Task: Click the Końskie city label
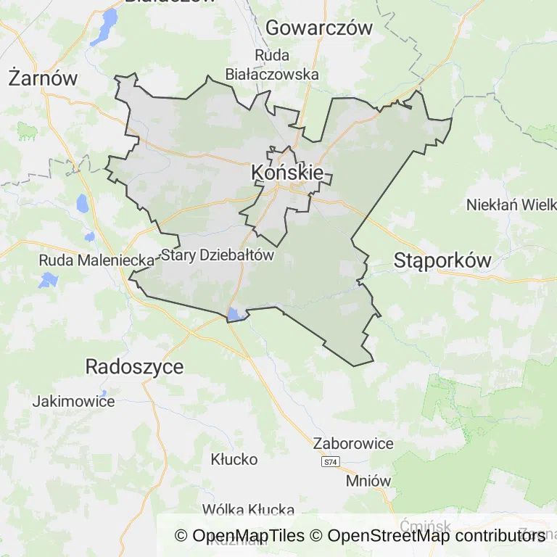click(287, 173)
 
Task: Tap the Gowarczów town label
click(319, 28)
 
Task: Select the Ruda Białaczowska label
click(272, 65)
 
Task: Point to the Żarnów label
click(43, 78)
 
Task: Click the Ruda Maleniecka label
click(96, 260)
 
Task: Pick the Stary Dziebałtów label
click(217, 255)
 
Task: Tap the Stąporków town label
click(442, 260)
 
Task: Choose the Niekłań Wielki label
click(511, 205)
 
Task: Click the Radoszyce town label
click(134, 366)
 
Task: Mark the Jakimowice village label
click(74, 401)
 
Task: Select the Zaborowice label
click(353, 443)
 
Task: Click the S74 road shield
click(331, 462)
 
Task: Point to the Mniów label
click(368, 480)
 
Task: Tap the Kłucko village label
click(234, 459)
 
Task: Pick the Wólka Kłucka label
click(248, 509)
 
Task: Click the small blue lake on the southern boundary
click(234, 314)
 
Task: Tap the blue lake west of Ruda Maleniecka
click(49, 279)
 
